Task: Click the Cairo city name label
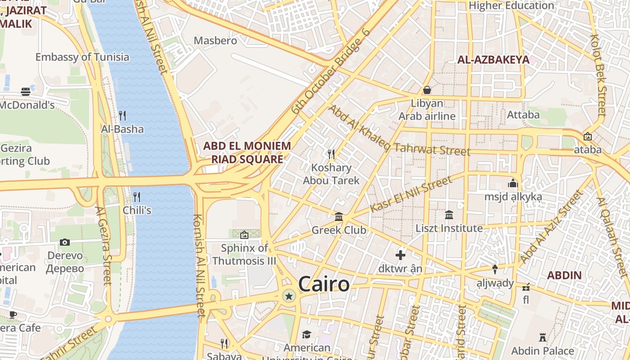click(324, 284)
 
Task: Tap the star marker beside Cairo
click(288, 296)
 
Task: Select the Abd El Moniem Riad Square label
click(247, 153)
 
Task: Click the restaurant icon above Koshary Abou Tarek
click(331, 154)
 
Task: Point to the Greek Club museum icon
click(339, 217)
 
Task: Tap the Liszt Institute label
click(449, 228)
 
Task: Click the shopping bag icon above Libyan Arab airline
click(427, 90)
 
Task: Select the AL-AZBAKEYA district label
click(493, 59)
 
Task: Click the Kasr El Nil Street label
click(410, 194)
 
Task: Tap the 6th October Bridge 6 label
click(331, 71)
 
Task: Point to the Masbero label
click(215, 40)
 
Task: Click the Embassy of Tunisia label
click(82, 57)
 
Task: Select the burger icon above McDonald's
click(26, 92)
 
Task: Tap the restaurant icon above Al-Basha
click(122, 116)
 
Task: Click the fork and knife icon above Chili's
click(137, 197)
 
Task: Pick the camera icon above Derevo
click(65, 243)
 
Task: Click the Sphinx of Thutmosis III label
click(244, 254)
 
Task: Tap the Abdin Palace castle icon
click(542, 337)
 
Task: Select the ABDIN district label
click(564, 275)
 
